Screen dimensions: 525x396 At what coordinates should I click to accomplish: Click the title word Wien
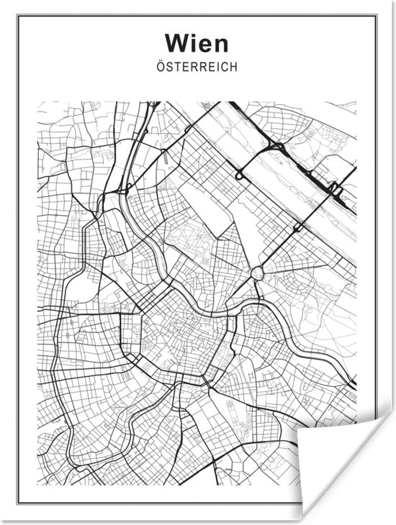[x=197, y=42]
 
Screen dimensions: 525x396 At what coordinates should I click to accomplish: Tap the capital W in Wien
[x=176, y=42]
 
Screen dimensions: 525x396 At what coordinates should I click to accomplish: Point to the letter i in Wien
[x=192, y=42]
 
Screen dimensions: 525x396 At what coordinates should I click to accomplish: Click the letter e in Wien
[x=204, y=43]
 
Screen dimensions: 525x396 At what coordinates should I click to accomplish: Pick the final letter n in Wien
[x=220, y=43]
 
